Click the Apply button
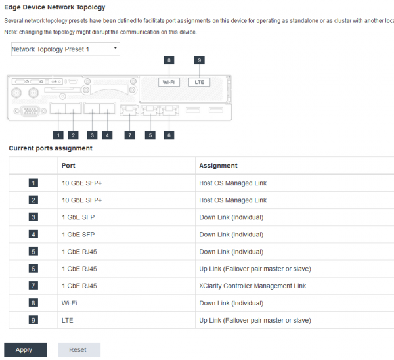[x=26, y=349]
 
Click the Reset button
[x=79, y=349]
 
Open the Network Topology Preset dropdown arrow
[x=116, y=47]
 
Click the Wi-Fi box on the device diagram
[x=169, y=82]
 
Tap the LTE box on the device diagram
[x=199, y=82]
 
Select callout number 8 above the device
[x=169, y=60]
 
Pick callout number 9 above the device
[x=199, y=60]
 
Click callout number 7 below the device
[x=129, y=135]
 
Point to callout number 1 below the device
[x=58, y=135]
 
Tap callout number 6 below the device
[x=169, y=135]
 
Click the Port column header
[x=68, y=166]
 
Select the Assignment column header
[x=218, y=166]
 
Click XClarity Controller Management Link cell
[x=253, y=286]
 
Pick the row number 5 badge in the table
[x=33, y=252]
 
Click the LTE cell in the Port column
[x=68, y=321]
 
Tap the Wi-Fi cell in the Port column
[x=69, y=303]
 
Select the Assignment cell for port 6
[x=255, y=269]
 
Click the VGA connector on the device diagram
[x=30, y=111]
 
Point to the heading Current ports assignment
[x=51, y=148]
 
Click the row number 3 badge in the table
[x=33, y=217]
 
